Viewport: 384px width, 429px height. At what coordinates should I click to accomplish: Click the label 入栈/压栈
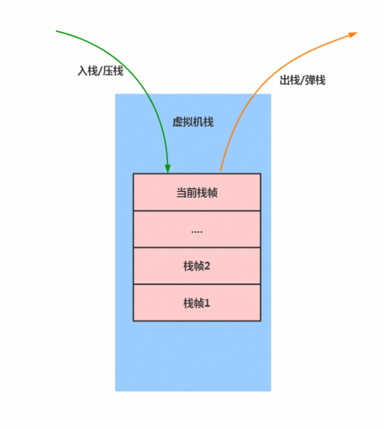point(100,71)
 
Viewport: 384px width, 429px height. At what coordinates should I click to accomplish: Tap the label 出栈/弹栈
point(302,80)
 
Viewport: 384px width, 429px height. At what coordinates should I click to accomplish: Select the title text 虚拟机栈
point(193,122)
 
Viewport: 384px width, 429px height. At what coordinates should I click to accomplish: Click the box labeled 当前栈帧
point(197,192)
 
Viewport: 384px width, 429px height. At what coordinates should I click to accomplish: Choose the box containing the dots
point(197,229)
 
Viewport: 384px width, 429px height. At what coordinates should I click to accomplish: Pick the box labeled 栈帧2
point(197,266)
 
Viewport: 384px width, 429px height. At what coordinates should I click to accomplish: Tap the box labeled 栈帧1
point(197,303)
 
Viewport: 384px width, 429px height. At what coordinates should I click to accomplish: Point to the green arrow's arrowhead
point(167,169)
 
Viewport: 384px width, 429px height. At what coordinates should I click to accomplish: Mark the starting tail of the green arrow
point(56,31)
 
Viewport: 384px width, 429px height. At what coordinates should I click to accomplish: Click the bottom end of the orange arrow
point(221,171)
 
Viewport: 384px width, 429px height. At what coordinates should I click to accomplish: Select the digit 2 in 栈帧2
point(208,266)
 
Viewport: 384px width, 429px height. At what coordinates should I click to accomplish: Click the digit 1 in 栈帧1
point(208,303)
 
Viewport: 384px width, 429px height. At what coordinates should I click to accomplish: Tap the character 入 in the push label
point(83,71)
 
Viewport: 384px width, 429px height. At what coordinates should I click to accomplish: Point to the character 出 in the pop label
point(285,80)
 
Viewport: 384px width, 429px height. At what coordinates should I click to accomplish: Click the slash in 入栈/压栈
point(101,71)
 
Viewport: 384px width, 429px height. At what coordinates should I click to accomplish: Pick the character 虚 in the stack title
point(177,122)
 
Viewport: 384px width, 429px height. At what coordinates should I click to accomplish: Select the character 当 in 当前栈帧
point(181,193)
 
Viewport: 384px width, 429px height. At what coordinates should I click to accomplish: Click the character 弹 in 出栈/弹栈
point(310,80)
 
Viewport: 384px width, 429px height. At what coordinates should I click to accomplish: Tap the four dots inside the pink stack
point(197,232)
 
